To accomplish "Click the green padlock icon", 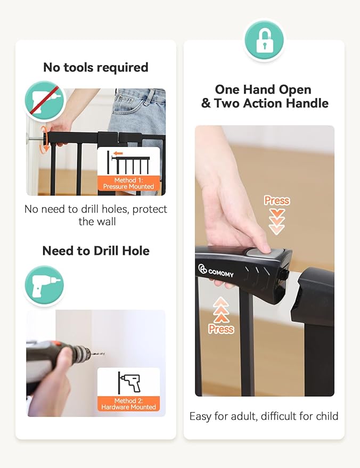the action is (x=264, y=40).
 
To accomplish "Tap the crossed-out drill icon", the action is (x=45, y=101).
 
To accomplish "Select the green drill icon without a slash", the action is (x=44, y=285).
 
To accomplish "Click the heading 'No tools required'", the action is (x=96, y=68).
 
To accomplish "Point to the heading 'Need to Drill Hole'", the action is (x=96, y=251).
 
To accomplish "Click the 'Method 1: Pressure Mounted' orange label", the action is (x=129, y=184).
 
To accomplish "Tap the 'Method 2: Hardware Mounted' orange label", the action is (x=129, y=404).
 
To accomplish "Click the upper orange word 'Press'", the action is (x=277, y=201).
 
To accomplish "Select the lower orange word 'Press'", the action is (x=221, y=329).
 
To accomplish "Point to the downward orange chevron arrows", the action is (x=277, y=222).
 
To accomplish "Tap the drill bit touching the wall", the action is (x=97, y=354).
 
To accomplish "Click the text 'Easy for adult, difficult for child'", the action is (x=264, y=416).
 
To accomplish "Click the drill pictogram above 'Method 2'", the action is (x=129, y=382).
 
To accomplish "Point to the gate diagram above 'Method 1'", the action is (x=128, y=163).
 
